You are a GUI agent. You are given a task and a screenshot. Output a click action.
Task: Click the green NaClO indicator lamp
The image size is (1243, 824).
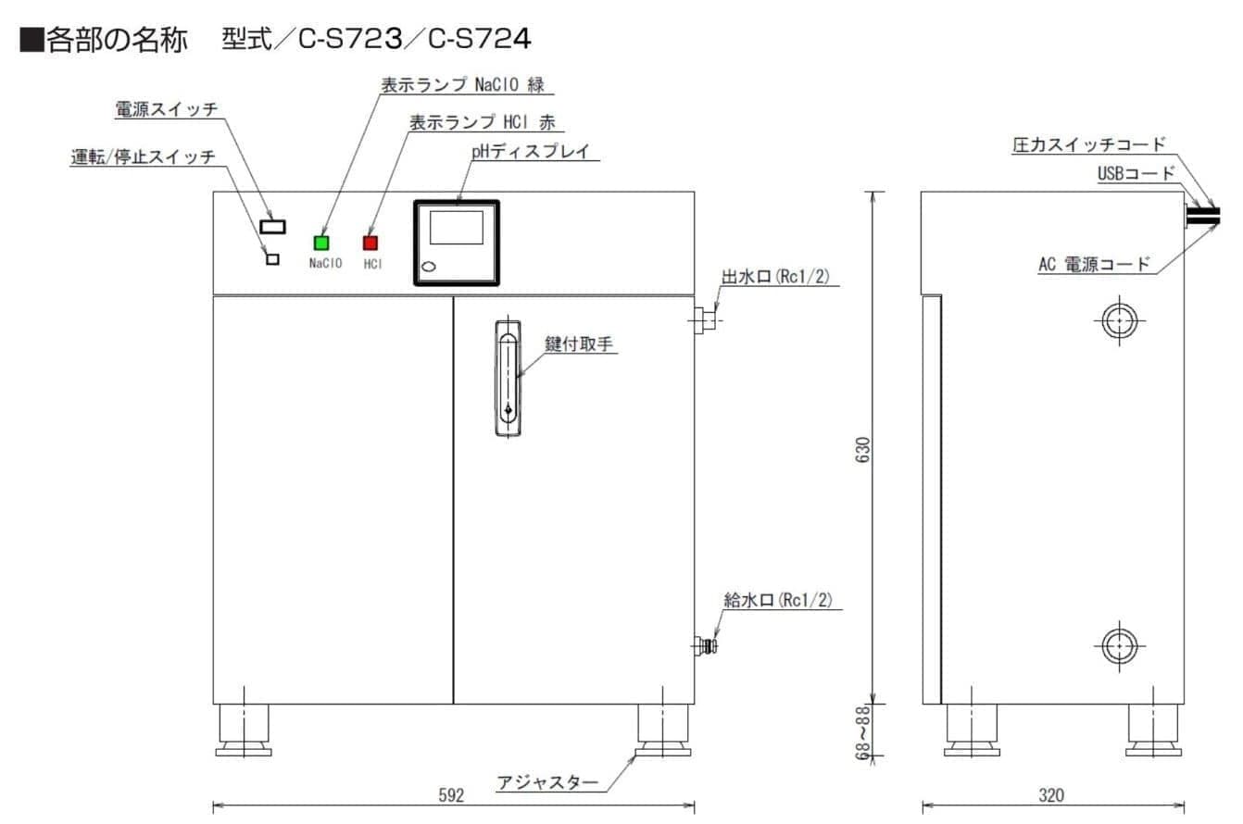coord(321,243)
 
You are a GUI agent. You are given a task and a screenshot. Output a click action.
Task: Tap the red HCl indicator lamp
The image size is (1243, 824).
coord(370,243)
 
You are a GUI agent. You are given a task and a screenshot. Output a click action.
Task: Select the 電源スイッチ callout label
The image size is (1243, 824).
coord(166,109)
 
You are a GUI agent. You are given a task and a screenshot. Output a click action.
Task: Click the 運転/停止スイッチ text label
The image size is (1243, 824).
coord(143,156)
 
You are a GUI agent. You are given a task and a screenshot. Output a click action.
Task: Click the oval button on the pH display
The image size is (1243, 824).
coord(429,268)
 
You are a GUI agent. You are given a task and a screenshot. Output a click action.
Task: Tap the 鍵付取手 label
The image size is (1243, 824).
coord(581,344)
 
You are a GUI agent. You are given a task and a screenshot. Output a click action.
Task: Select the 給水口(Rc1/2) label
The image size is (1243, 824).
coord(778,600)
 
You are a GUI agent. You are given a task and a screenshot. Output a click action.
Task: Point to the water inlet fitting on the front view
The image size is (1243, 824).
coord(707,644)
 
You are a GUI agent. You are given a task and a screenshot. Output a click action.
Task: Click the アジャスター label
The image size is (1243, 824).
coord(547,782)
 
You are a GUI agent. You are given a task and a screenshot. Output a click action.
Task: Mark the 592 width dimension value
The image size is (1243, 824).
coord(451,795)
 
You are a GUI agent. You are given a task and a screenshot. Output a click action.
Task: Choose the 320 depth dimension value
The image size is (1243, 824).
coord(1051,795)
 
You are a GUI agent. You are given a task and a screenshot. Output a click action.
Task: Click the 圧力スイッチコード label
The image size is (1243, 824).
coord(1088,144)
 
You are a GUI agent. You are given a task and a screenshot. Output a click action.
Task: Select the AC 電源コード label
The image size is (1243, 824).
coord(1094,265)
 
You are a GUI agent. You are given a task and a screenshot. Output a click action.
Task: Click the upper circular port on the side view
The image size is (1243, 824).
coord(1120,320)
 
